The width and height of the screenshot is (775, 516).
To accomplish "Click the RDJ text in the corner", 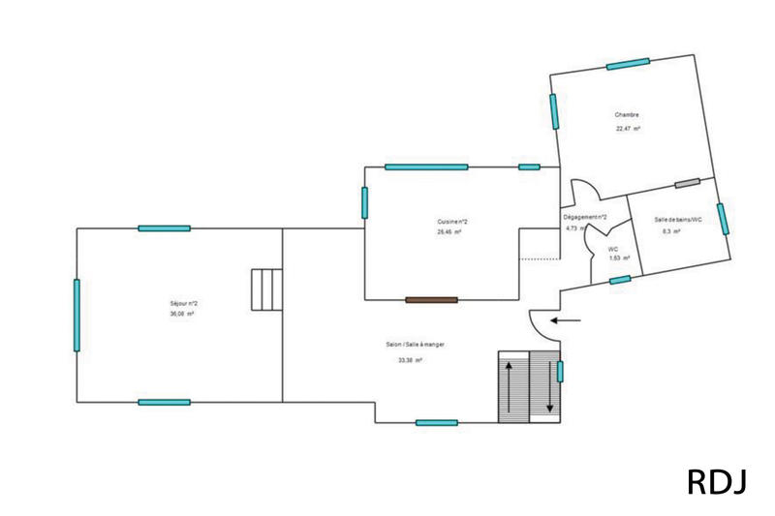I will click(717, 481).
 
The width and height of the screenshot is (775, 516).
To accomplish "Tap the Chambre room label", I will click(626, 115).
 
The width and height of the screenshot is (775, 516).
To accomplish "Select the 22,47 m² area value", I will click(628, 129).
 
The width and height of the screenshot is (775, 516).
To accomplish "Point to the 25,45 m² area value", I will click(449, 232).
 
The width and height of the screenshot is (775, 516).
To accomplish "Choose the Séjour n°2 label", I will click(183, 303).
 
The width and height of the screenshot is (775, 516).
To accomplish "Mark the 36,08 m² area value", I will click(183, 315).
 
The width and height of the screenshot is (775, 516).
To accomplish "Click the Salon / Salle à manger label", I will click(415, 345).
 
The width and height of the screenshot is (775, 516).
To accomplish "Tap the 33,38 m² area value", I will click(410, 360).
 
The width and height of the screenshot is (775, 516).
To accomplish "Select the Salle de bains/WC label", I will click(677, 220).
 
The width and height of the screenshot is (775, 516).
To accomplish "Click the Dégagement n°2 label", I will click(585, 217).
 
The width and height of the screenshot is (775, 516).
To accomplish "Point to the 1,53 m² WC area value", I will click(619, 258).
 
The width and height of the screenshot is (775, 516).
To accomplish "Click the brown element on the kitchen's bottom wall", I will click(431, 300).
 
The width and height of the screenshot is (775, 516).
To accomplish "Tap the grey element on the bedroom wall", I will click(687, 183).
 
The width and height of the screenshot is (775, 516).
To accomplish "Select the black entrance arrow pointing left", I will click(567, 319).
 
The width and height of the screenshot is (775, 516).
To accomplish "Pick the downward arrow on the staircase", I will click(549, 386).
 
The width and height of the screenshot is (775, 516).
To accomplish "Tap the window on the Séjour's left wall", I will click(77, 315).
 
